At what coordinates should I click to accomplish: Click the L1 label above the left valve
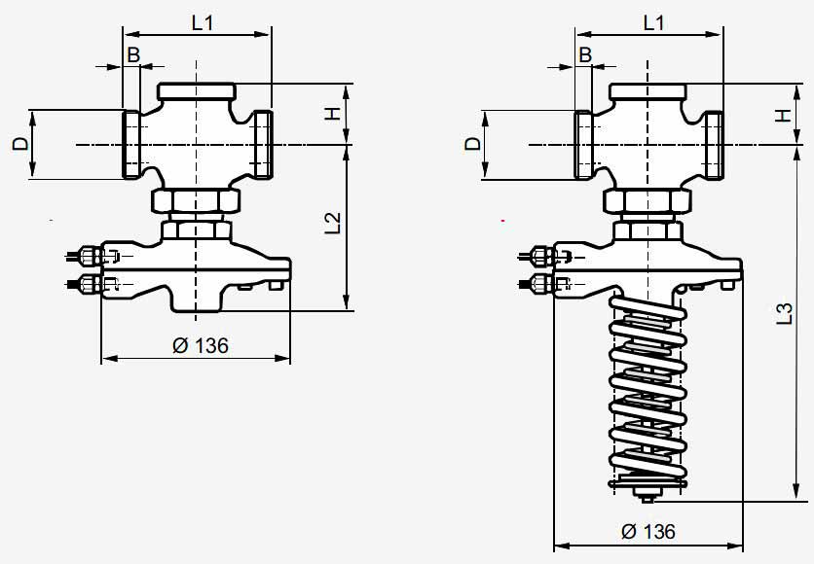203,22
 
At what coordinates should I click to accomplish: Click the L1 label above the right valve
653,22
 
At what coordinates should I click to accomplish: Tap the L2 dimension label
333,223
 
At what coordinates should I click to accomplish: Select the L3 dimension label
785,314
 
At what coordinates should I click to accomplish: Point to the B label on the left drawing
133,54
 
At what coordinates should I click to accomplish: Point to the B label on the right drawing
585,54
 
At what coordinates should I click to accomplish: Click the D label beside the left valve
20,144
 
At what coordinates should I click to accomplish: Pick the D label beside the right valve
473,144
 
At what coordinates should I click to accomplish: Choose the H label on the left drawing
332,114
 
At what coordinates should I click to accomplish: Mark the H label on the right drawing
784,114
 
